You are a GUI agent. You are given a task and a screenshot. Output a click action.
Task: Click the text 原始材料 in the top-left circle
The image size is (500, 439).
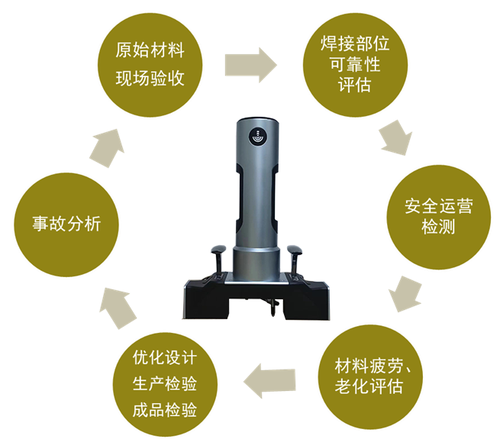(150, 50)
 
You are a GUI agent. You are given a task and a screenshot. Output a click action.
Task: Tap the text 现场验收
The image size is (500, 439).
(150, 78)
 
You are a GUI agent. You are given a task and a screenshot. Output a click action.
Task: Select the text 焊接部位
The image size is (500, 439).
(355, 43)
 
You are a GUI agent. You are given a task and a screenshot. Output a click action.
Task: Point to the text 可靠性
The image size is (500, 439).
(355, 64)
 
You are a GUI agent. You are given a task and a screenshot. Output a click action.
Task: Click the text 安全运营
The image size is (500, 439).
(438, 206)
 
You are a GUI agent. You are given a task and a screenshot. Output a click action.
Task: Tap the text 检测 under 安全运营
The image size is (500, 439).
(438, 227)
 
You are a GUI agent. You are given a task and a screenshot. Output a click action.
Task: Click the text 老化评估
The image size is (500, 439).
(369, 386)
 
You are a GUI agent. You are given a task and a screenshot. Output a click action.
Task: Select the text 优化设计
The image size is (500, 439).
(165, 357)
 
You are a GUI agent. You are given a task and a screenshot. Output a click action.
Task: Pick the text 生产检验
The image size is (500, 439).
(165, 383)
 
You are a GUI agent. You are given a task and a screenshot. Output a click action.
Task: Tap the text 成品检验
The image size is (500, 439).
(165, 410)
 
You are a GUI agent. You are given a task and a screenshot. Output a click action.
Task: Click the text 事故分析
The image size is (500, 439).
(66, 224)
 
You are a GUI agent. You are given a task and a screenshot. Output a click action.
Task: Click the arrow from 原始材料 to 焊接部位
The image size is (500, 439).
(250, 65)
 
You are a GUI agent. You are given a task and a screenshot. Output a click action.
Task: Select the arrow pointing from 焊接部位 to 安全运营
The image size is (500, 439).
(396, 138)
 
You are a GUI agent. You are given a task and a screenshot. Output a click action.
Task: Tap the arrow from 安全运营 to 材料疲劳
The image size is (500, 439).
(405, 294)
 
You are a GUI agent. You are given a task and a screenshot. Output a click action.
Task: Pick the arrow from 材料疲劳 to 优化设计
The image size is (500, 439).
(269, 381)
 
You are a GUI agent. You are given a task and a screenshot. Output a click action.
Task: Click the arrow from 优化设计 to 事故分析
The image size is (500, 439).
(117, 308)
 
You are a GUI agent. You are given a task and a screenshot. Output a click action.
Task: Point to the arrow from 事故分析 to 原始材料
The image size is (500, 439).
(108, 148)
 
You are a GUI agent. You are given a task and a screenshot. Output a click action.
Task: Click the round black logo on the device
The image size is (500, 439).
(258, 136)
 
